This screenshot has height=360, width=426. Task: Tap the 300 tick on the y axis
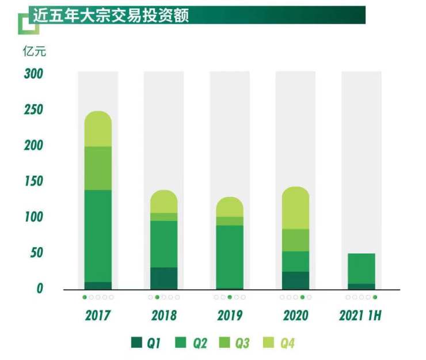click(33, 74)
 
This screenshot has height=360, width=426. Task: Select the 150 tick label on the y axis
click(33, 181)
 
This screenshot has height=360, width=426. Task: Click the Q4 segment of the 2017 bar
click(98, 129)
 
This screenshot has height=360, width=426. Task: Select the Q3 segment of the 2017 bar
click(98, 168)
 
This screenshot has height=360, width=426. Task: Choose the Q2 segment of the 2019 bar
click(229, 256)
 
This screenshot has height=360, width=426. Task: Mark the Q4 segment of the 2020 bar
click(295, 208)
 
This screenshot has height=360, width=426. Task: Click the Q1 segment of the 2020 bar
click(295, 280)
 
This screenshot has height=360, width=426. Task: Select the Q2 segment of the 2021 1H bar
click(361, 268)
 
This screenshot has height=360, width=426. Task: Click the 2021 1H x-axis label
click(361, 316)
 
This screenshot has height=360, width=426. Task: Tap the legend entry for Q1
click(146, 343)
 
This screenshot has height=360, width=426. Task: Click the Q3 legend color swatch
click(226, 343)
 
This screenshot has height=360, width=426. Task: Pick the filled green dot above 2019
click(230, 297)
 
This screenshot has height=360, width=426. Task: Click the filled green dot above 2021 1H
click(375, 297)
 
